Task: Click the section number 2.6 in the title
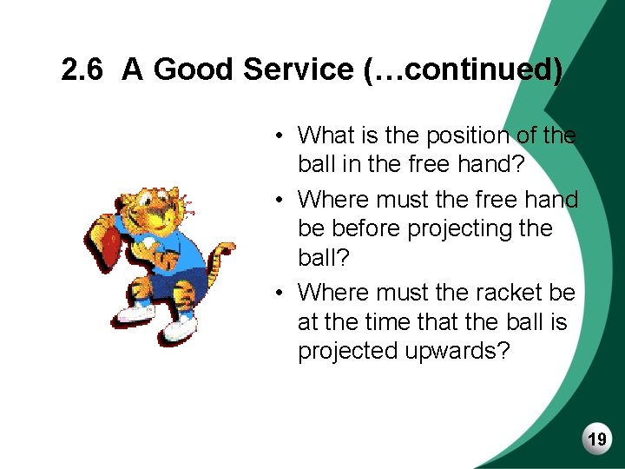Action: point(84,69)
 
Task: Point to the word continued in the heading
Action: point(472,69)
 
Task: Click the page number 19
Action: point(597,440)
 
